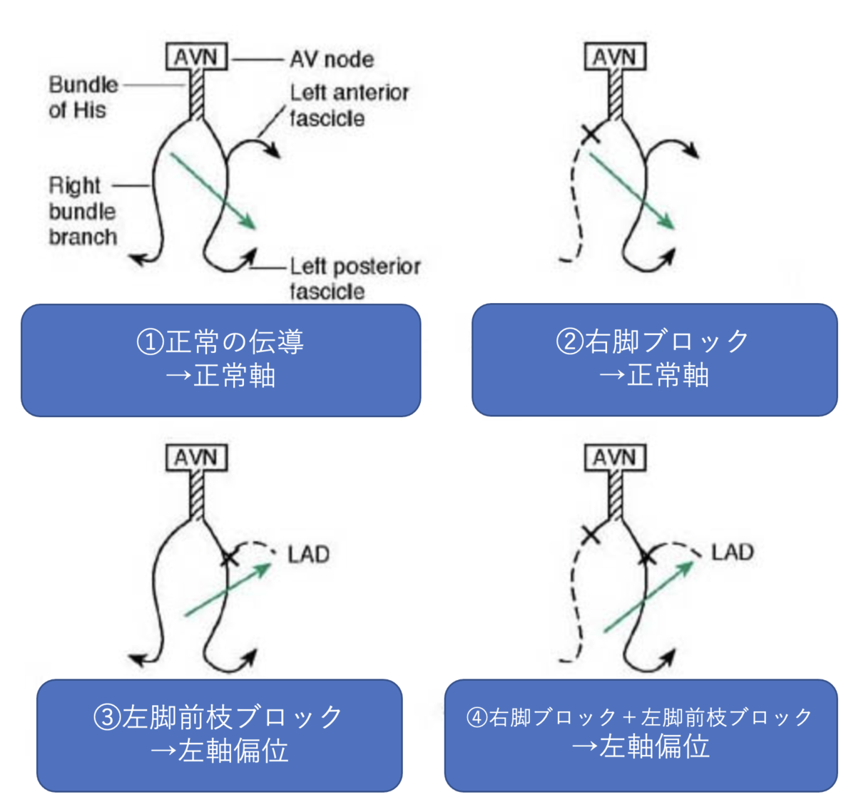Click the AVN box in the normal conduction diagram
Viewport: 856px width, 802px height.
click(x=196, y=57)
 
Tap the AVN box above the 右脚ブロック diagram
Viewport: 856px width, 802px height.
click(x=615, y=57)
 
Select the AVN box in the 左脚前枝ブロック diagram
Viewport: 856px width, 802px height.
click(x=196, y=458)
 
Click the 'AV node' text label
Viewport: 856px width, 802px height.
click(x=332, y=59)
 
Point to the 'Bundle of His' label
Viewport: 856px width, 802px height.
click(x=83, y=97)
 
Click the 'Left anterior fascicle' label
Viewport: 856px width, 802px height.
click(x=349, y=105)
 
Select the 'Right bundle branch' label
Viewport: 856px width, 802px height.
click(x=82, y=211)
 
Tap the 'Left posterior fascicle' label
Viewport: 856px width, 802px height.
click(x=355, y=278)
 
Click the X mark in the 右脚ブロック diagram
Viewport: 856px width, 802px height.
click(x=591, y=133)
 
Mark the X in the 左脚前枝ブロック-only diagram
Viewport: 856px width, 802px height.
click(x=228, y=557)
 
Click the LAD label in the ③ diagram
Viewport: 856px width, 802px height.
click(x=308, y=555)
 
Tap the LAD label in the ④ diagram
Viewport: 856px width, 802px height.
click(x=732, y=552)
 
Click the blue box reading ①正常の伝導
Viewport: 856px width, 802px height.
click(x=220, y=360)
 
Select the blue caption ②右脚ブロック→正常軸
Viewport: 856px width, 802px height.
click(x=654, y=360)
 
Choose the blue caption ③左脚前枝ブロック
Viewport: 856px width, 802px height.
click(x=219, y=735)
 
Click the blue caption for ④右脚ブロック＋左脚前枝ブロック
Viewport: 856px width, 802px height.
click(x=641, y=735)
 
